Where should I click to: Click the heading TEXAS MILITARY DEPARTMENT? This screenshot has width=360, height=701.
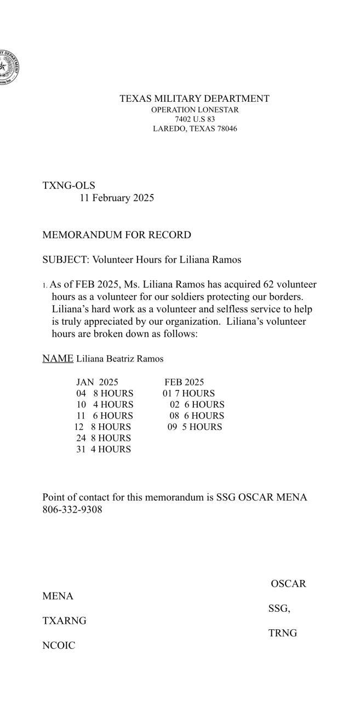coord(195,99)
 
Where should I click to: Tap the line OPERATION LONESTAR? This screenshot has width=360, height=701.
coord(195,110)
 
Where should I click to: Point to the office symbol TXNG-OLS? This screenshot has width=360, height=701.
coord(68,186)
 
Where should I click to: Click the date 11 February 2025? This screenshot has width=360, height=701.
coord(117,198)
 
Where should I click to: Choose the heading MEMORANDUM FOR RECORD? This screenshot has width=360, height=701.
coord(117,235)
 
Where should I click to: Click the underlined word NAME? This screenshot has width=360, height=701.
coord(58,359)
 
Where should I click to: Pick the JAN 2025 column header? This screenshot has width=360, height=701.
coord(97,382)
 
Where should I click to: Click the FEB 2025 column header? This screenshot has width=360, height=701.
coord(184,382)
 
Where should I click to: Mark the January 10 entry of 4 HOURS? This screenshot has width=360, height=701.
coord(104,405)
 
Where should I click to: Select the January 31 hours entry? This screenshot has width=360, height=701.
coord(103,450)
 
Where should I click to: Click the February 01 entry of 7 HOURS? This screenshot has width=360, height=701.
coord(188,394)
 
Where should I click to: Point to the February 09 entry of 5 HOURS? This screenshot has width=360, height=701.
coord(195,427)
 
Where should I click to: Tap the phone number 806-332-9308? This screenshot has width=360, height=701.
coord(72,510)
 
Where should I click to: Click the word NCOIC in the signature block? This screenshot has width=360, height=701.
coord(59,646)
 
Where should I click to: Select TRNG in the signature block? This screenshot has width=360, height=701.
coord(283,633)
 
